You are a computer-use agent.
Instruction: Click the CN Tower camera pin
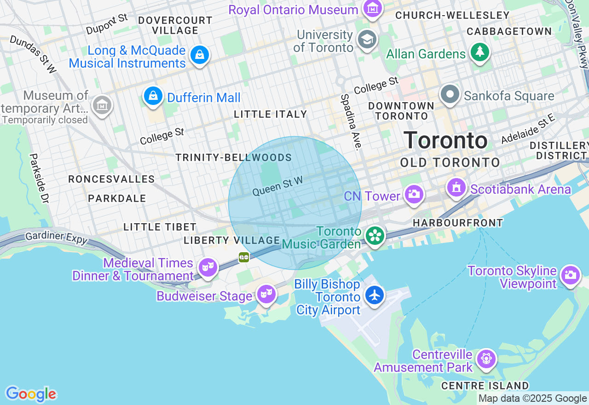(x=414, y=194)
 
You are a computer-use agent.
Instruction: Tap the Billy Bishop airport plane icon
(x=375, y=295)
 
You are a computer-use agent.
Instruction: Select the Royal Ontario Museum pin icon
(x=372, y=8)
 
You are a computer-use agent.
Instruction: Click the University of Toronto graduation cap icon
(x=367, y=40)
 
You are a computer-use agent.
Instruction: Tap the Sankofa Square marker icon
(x=450, y=95)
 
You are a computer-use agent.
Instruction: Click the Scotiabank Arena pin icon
(x=456, y=188)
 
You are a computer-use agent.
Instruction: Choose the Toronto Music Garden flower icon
(x=375, y=236)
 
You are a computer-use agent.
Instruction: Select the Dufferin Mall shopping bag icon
(x=153, y=96)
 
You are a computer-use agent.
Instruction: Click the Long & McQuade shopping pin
(x=200, y=55)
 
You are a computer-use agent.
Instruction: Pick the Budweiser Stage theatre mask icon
(x=266, y=294)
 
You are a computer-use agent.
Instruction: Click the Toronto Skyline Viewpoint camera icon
(x=570, y=275)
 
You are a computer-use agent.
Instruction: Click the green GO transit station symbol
(x=244, y=257)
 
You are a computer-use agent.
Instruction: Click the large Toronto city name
(x=445, y=140)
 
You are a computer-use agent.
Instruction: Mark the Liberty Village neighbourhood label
(x=231, y=240)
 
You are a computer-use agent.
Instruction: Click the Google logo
(x=31, y=394)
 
